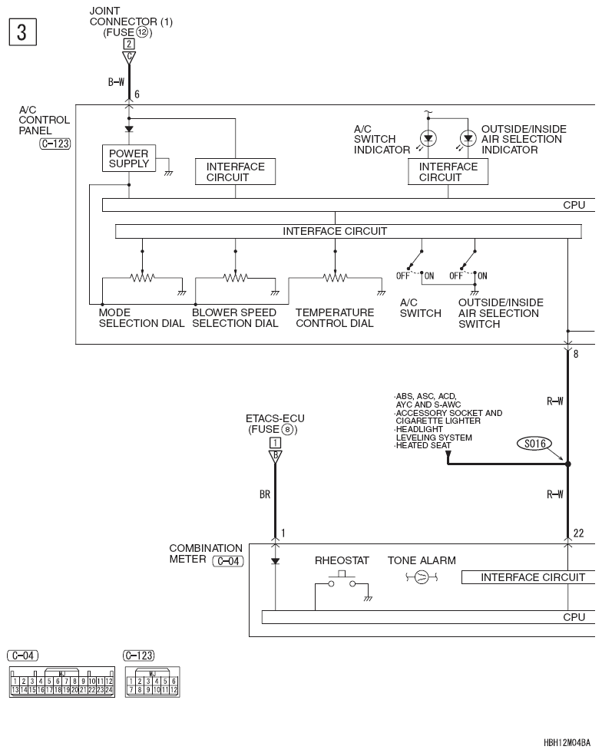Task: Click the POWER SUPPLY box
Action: click(x=129, y=158)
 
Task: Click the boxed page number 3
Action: click(x=22, y=32)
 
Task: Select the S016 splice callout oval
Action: click(x=534, y=443)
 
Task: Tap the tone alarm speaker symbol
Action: click(x=422, y=577)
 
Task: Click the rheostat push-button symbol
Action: click(x=342, y=580)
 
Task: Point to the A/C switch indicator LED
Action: click(x=428, y=139)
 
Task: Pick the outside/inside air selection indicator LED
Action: click(x=468, y=139)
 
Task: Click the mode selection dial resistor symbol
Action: click(x=142, y=277)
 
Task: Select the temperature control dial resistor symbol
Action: click(x=335, y=277)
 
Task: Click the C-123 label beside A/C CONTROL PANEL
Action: click(x=55, y=144)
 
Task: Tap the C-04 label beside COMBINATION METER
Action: click(x=228, y=561)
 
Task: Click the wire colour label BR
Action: click(x=265, y=494)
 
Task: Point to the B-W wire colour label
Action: click(x=116, y=82)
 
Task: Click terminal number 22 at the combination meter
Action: click(x=578, y=533)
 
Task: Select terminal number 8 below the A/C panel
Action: click(x=576, y=354)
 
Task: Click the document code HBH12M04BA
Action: click(x=567, y=743)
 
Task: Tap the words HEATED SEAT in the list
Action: click(x=423, y=446)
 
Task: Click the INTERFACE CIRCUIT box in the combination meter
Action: click(x=528, y=577)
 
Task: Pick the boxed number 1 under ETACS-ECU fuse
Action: click(x=276, y=443)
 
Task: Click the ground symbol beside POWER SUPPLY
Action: click(x=168, y=173)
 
